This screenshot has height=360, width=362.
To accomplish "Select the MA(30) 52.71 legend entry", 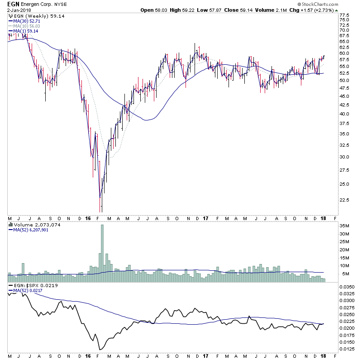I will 23,21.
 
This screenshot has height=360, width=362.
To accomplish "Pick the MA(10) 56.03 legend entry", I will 23,26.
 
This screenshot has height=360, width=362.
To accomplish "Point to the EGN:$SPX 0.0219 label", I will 27,287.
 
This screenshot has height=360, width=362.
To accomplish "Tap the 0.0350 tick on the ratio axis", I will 348,287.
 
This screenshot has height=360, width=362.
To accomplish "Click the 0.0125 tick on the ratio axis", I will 348,349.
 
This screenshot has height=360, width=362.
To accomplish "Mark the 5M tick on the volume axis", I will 345,274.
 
